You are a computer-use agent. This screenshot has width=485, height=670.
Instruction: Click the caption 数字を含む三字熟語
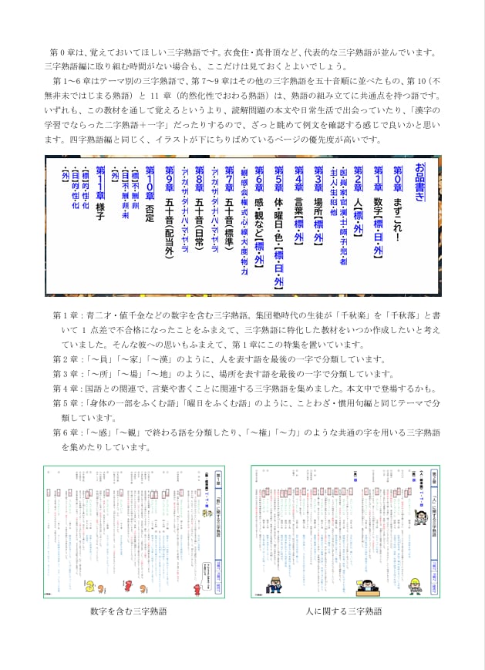[x=128, y=611]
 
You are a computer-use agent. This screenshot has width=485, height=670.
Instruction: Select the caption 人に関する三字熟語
[x=344, y=611]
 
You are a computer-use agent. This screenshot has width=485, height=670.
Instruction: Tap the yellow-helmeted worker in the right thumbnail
[x=415, y=584]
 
